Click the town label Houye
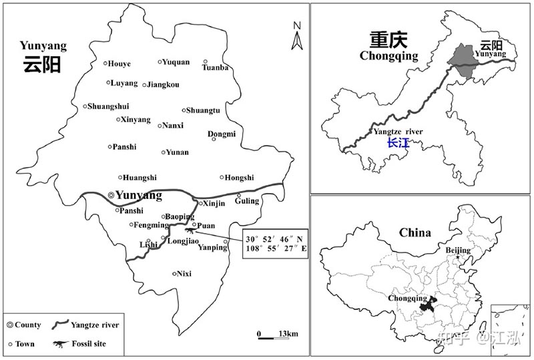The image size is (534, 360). [119, 63]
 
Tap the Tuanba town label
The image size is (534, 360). [215, 67]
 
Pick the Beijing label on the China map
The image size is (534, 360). [458, 250]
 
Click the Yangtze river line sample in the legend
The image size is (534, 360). [62, 325]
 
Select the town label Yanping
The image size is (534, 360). [214, 248]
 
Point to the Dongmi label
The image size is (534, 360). [222, 134]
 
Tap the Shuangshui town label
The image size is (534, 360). [107, 106]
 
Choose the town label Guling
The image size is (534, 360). [247, 200]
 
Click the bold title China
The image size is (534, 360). [415, 232]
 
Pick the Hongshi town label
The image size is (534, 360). [240, 178]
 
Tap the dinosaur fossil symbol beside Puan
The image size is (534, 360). [189, 231]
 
